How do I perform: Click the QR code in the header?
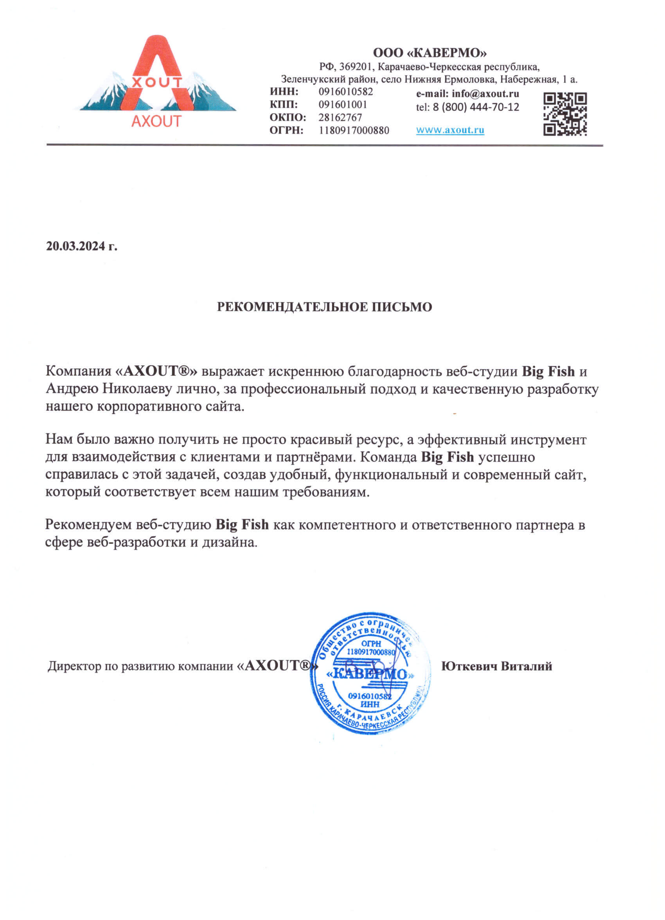[565, 114]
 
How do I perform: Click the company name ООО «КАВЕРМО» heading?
[430, 53]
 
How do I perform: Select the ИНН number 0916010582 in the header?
[345, 92]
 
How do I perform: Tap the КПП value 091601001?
[342, 105]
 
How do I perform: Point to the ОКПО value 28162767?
[340, 118]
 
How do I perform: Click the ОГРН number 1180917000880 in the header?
[354, 131]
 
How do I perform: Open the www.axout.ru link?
[450, 130]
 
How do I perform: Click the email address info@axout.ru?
[485, 94]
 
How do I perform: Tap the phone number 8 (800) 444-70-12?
[476, 107]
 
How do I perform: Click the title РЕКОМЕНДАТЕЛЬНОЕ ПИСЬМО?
[324, 307]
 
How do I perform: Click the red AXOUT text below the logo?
[156, 121]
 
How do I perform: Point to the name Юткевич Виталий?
[497, 667]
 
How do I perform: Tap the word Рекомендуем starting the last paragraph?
[88, 525]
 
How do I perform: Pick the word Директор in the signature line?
[74, 667]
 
